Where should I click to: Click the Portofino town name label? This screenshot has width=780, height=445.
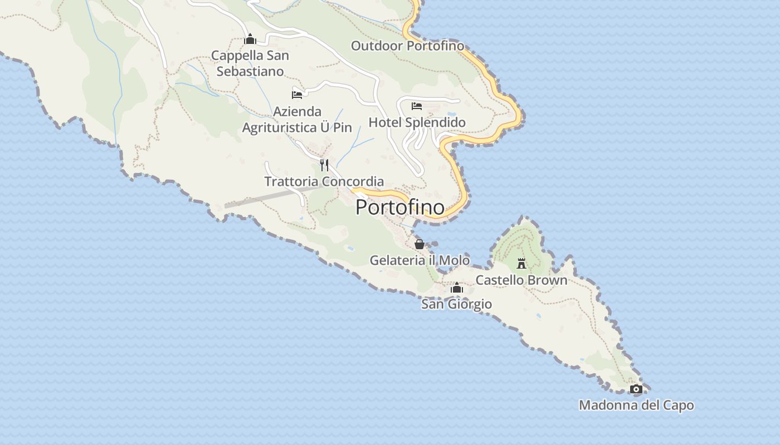click(x=400, y=207)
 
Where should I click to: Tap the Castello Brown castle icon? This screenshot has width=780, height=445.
click(x=521, y=263)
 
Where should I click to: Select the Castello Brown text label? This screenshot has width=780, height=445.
click(x=521, y=280)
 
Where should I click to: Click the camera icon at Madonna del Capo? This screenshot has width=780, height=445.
click(x=636, y=389)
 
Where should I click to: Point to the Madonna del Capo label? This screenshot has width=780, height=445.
click(x=636, y=405)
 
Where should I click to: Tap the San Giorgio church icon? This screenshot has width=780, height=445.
click(x=457, y=288)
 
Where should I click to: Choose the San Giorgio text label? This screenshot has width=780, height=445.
click(x=456, y=304)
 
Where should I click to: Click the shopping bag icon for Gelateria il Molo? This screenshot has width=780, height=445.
click(x=420, y=244)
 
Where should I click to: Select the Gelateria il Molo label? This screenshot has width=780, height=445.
click(x=420, y=260)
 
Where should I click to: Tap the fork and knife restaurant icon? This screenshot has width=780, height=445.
click(x=324, y=165)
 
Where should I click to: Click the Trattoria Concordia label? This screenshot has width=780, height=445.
click(x=324, y=181)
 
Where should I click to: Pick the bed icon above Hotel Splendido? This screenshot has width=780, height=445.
click(x=417, y=106)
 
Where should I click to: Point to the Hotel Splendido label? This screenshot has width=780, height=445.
click(x=417, y=122)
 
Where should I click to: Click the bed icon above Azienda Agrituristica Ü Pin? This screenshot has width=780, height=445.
click(x=297, y=95)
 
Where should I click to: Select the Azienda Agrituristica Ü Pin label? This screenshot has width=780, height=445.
click(x=297, y=120)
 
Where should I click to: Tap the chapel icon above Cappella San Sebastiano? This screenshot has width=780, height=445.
click(x=250, y=39)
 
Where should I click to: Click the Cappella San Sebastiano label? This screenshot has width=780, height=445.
click(x=250, y=63)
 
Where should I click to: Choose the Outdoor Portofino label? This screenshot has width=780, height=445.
click(x=407, y=46)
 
